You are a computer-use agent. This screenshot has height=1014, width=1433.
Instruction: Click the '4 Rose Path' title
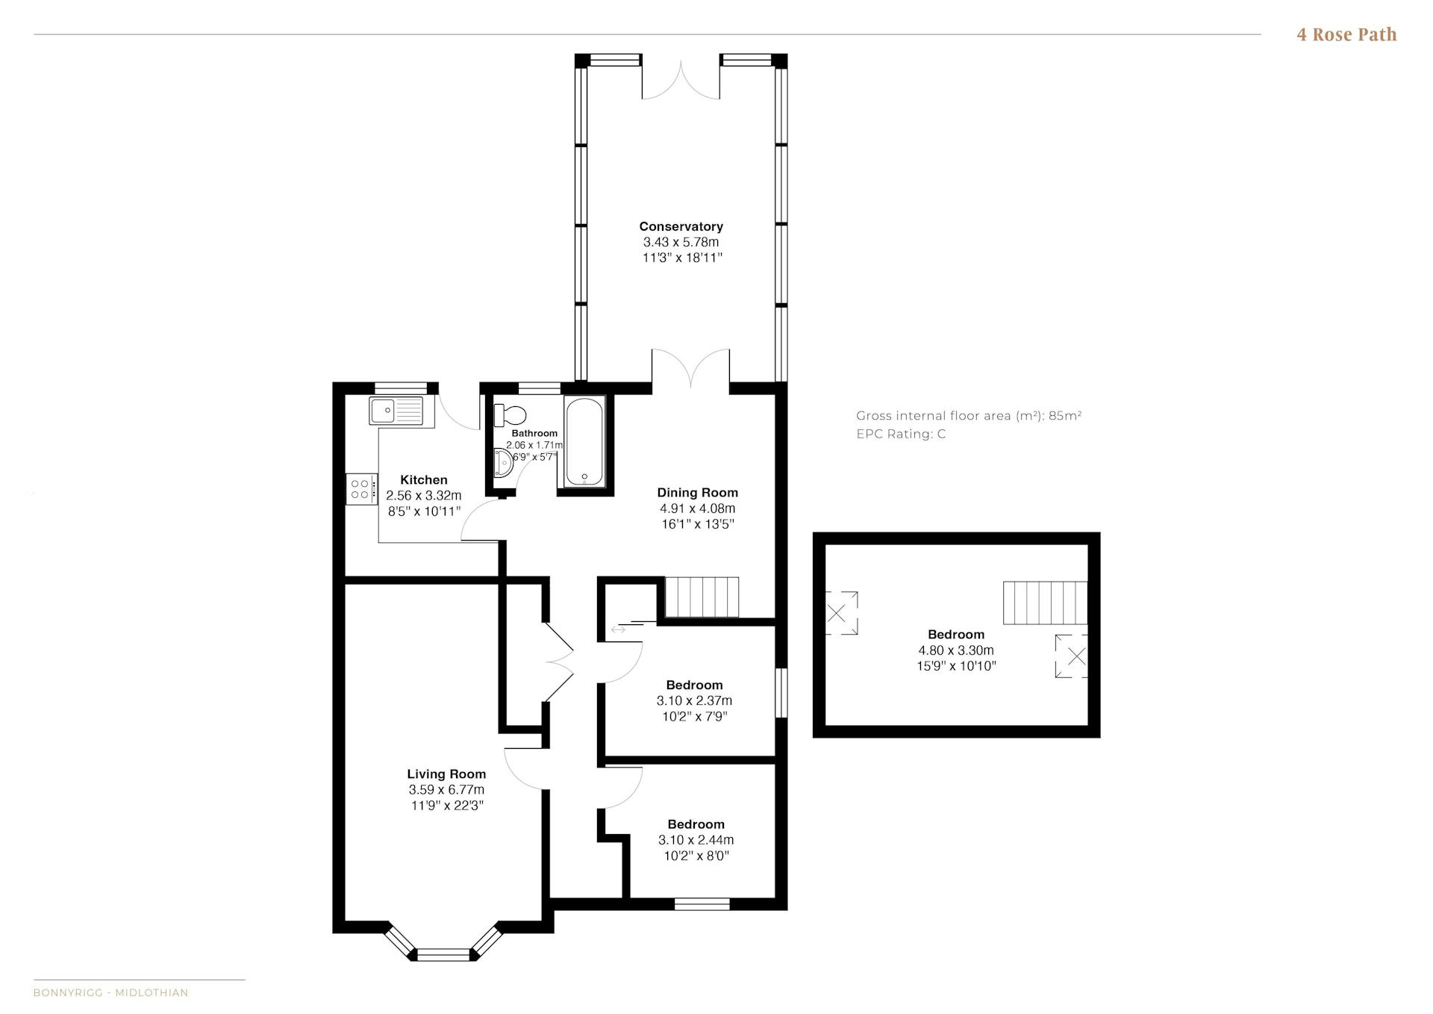click(x=1346, y=34)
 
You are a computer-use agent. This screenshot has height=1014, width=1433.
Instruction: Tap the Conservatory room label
click(x=681, y=226)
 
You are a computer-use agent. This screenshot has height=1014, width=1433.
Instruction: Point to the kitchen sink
click(x=396, y=411)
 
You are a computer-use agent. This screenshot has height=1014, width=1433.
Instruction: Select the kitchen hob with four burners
click(x=361, y=489)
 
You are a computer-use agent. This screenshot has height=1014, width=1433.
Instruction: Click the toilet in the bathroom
click(x=510, y=414)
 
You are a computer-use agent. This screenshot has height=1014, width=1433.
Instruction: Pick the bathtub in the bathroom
click(x=584, y=442)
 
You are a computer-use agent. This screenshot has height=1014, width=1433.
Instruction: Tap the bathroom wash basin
click(x=503, y=462)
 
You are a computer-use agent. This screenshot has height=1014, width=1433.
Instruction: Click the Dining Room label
click(x=697, y=493)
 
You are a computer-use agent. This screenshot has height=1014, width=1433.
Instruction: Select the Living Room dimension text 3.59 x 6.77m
click(x=446, y=790)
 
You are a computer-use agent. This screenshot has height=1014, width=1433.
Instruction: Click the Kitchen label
click(x=424, y=480)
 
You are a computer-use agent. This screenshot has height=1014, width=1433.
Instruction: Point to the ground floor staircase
click(x=702, y=597)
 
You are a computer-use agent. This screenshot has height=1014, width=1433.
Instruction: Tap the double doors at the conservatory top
click(x=681, y=79)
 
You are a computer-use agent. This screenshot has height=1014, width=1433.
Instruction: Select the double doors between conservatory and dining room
click(x=691, y=369)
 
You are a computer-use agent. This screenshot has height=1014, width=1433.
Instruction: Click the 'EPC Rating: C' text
click(x=901, y=435)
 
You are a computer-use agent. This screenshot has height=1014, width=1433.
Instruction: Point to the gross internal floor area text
click(x=969, y=416)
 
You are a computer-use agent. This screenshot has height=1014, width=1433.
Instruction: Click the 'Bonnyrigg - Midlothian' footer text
click(x=110, y=992)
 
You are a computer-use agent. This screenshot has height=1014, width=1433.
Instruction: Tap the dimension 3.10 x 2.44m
click(x=696, y=840)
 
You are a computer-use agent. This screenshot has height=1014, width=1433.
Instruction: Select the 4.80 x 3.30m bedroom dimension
click(x=956, y=650)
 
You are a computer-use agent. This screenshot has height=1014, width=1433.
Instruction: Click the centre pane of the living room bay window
click(x=443, y=954)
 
